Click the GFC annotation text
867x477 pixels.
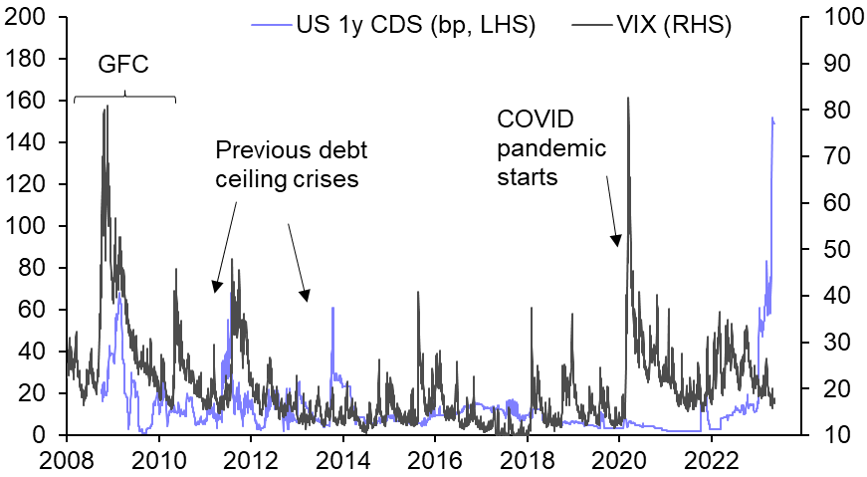(x=124, y=67)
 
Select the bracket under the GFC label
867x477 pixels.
(x=124, y=97)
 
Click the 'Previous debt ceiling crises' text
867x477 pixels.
(x=292, y=165)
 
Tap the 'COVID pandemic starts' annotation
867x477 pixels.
(x=551, y=149)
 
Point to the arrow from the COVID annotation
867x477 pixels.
(x=611, y=209)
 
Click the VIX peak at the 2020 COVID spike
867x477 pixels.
(x=628, y=98)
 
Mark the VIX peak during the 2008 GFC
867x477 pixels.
(x=106, y=107)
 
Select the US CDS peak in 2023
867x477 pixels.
(x=772, y=118)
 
